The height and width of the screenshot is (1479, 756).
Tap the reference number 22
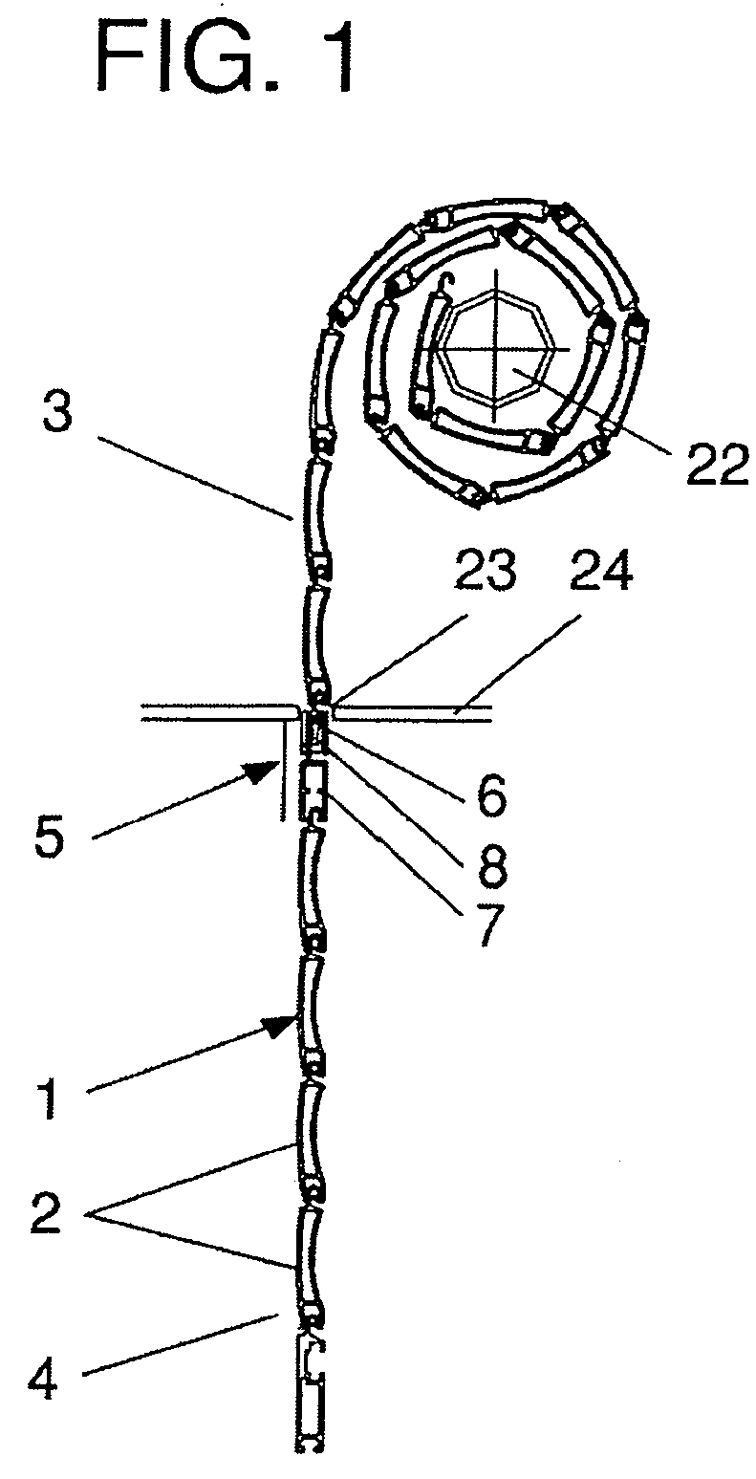click(718, 465)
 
